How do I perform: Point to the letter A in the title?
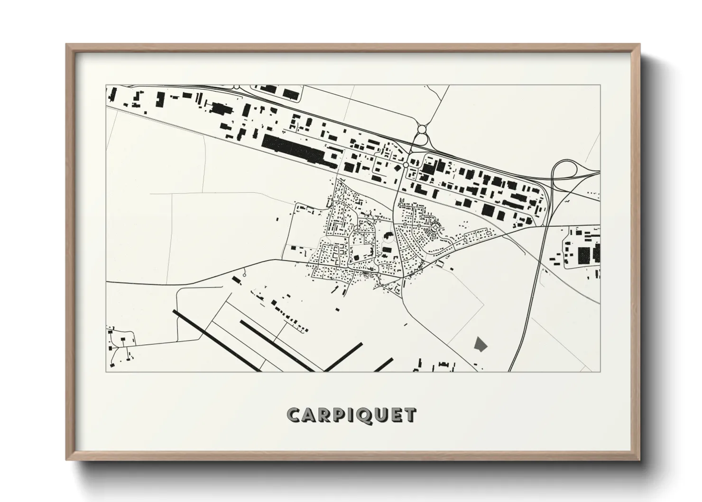click(309, 415)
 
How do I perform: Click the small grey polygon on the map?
click(480, 344)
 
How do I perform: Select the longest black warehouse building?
click(298, 150)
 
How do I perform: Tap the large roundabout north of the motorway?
click(422, 129)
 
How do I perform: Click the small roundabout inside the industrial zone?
click(406, 165)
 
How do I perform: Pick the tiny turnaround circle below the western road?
click(244, 275)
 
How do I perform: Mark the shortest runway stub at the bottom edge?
click(383, 365)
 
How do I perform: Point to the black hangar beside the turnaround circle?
click(236, 280)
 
